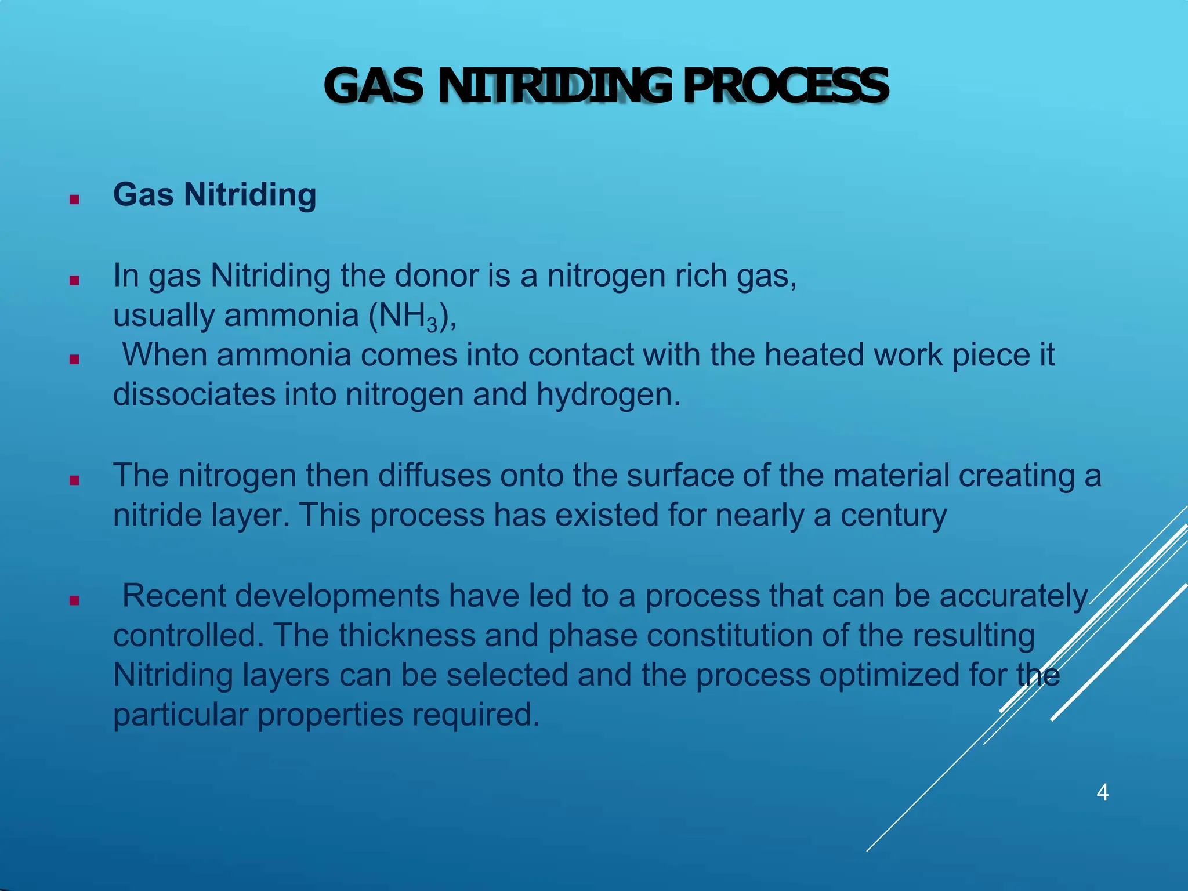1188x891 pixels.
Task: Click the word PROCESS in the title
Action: [x=785, y=86]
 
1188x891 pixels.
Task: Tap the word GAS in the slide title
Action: [x=374, y=86]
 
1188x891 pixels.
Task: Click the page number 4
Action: [x=1102, y=792]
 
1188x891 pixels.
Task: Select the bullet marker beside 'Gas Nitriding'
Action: [x=74, y=200]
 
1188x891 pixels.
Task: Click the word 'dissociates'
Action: [x=194, y=394]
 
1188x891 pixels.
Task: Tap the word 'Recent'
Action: [x=174, y=596]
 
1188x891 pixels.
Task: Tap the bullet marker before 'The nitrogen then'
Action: [x=74, y=480]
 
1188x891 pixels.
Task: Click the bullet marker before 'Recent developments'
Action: [x=74, y=600]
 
